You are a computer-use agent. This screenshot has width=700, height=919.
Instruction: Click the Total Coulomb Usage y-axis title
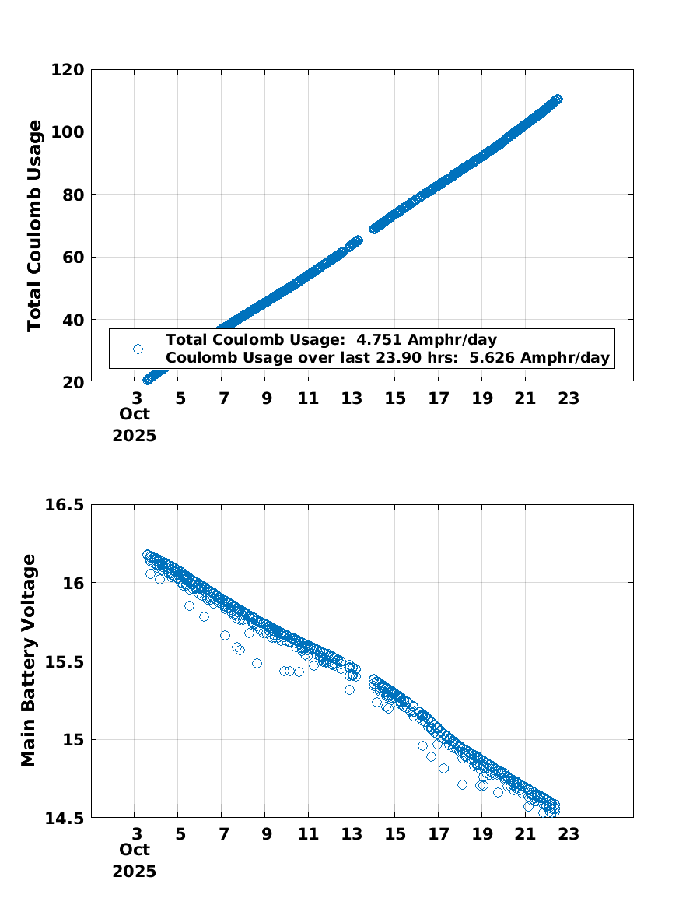[x=34, y=226]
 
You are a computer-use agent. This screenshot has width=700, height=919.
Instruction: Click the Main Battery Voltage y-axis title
[x=29, y=661]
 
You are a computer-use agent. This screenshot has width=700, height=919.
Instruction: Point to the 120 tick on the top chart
[x=68, y=70]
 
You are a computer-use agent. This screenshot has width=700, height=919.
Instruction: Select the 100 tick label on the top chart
[x=68, y=132]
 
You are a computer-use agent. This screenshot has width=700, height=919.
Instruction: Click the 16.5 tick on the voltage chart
[x=64, y=505]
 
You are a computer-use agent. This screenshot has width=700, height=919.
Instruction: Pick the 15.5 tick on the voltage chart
[x=64, y=661]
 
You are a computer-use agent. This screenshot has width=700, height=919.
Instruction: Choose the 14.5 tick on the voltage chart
[x=64, y=817]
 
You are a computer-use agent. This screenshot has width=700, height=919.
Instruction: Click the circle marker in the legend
[x=138, y=349]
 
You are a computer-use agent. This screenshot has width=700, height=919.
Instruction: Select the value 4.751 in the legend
[x=377, y=339]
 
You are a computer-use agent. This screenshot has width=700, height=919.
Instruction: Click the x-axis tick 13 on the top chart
[x=352, y=399]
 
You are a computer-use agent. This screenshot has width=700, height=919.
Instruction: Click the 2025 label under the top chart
[x=134, y=436]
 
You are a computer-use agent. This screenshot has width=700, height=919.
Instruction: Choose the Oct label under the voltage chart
[x=134, y=853]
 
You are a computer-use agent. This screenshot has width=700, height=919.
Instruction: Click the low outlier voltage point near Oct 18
[x=462, y=784]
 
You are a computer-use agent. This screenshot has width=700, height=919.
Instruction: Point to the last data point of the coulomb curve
[x=558, y=99]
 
